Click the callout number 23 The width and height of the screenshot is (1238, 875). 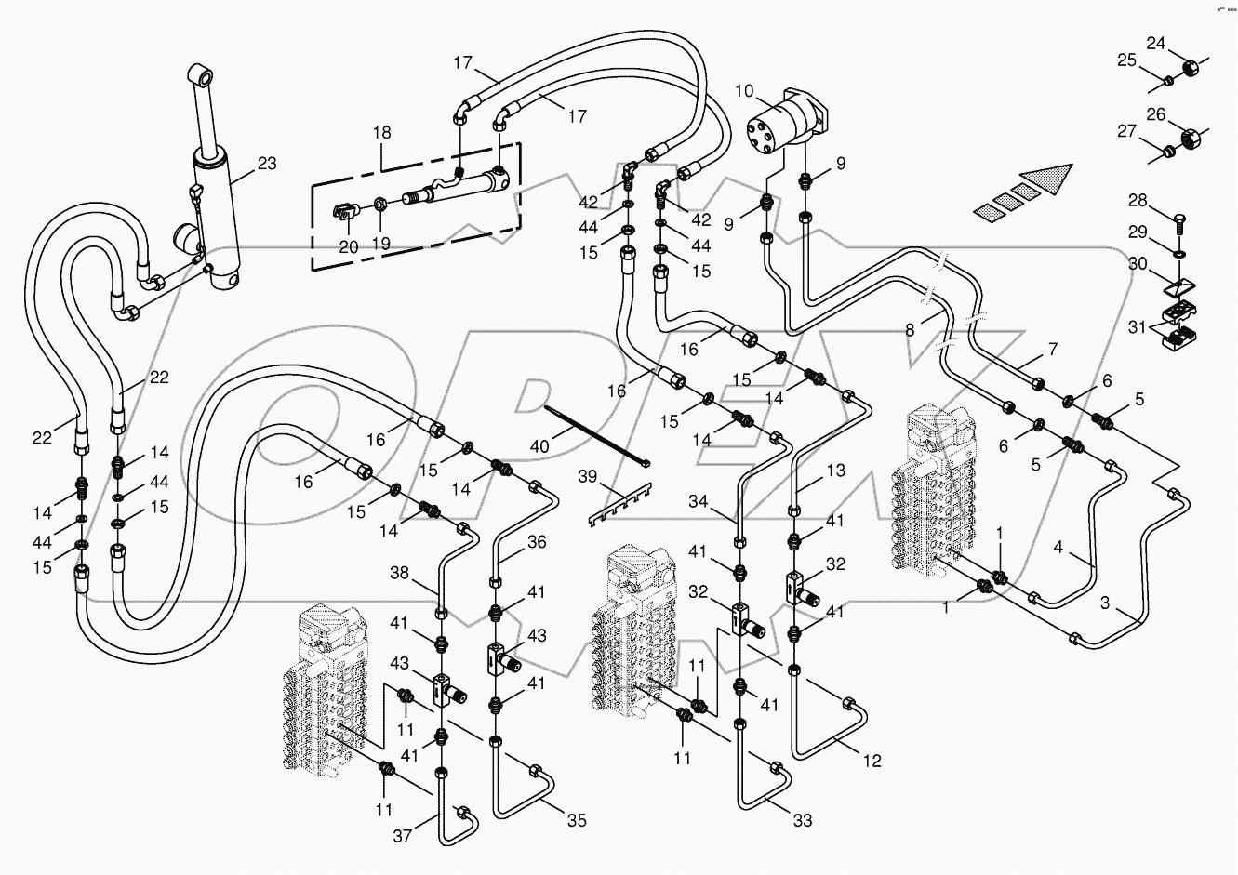coord(267,164)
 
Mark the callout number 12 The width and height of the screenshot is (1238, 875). coord(871,761)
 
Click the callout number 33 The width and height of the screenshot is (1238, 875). coord(802,820)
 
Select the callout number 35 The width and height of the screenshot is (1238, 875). coord(578,820)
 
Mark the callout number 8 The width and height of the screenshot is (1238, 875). coord(910,328)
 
